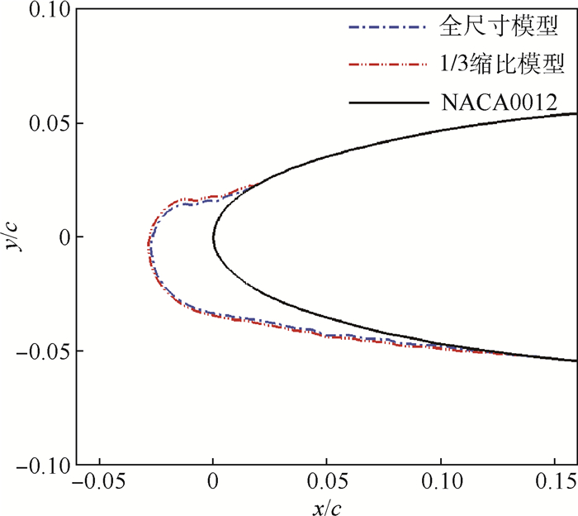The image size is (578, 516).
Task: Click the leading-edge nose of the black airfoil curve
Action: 213,237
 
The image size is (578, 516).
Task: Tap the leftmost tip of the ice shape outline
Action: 148,245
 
